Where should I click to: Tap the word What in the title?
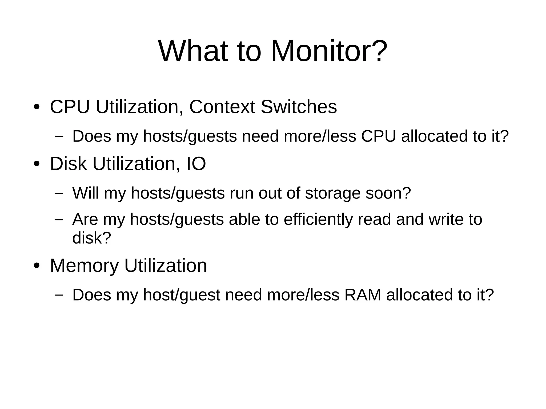pyautogui.click(x=193, y=51)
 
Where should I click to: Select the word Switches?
pyautogui.click(x=299, y=107)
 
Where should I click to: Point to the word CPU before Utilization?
pyautogui.click(x=70, y=107)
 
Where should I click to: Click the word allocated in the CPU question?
pyautogui.click(x=434, y=136)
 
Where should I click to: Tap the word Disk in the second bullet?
pyautogui.click(x=68, y=164)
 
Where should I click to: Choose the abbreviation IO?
pyautogui.click(x=196, y=164)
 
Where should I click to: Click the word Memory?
pyautogui.click(x=84, y=266)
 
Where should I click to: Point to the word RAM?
pyautogui.click(x=363, y=295)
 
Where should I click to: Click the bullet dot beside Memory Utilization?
pyautogui.click(x=37, y=266)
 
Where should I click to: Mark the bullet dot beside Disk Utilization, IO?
pyautogui.click(x=37, y=164)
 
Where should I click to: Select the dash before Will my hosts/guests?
pyautogui.click(x=59, y=193)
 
